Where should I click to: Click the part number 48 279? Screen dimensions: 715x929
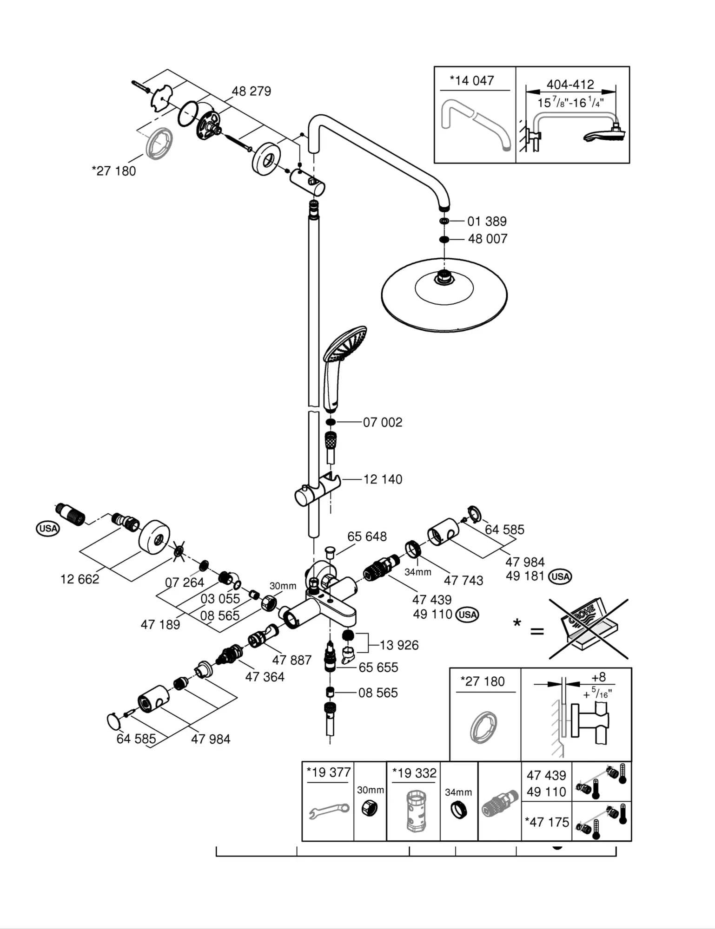point(251,91)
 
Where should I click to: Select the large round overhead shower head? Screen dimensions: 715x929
point(444,295)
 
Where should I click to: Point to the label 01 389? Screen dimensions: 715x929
point(487,221)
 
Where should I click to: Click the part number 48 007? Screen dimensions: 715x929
point(488,239)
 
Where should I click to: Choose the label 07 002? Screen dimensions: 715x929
point(383,422)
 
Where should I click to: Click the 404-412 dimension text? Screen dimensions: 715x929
point(570,85)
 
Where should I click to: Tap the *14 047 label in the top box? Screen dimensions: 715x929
point(472,81)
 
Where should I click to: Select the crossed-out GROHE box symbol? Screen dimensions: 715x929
point(589,629)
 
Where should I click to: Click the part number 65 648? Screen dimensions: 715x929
point(367,536)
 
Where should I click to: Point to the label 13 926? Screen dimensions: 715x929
point(399,645)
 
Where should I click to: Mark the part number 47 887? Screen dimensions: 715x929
point(291,660)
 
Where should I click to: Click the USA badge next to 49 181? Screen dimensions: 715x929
point(560,576)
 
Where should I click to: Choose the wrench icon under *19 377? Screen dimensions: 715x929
point(329,811)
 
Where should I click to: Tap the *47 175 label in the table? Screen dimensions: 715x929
point(547,822)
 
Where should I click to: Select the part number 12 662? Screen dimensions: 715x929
point(79,579)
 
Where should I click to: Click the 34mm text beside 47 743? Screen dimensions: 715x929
point(417,572)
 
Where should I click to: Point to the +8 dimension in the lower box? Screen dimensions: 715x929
point(598,677)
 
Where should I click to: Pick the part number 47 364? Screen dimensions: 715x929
point(265,677)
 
